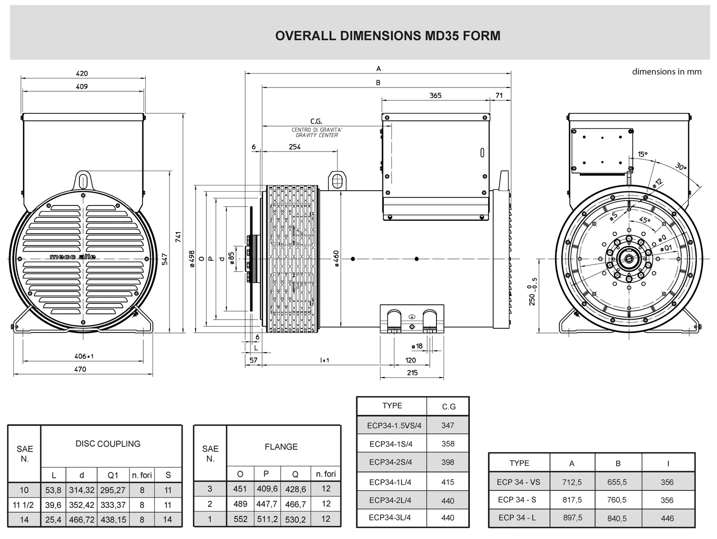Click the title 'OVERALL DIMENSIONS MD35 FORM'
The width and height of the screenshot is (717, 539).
[388, 36]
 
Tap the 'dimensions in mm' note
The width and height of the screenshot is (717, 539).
[666, 72]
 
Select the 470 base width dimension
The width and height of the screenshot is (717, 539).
[80, 369]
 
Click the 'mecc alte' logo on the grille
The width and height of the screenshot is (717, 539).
[73, 257]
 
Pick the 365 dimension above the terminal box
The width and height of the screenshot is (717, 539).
[435, 96]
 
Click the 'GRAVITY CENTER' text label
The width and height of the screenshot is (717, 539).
[316, 135]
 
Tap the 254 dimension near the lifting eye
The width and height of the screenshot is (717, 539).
[294, 147]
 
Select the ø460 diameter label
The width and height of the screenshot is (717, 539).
[336, 259]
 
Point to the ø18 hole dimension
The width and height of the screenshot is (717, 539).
[417, 346]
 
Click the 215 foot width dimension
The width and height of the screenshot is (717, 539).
[412, 373]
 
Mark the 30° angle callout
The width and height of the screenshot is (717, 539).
[681, 167]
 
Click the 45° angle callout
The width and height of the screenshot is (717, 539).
[644, 220]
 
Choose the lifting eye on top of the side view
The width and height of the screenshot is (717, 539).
[337, 181]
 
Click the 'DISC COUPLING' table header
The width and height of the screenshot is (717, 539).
[108, 444]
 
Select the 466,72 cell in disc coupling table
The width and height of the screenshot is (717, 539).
[82, 519]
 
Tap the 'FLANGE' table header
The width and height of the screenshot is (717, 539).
[281, 447]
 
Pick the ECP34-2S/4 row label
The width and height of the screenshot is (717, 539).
[391, 462]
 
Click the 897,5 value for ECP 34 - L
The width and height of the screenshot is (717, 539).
[572, 518]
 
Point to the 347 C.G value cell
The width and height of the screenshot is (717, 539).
[448, 425]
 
